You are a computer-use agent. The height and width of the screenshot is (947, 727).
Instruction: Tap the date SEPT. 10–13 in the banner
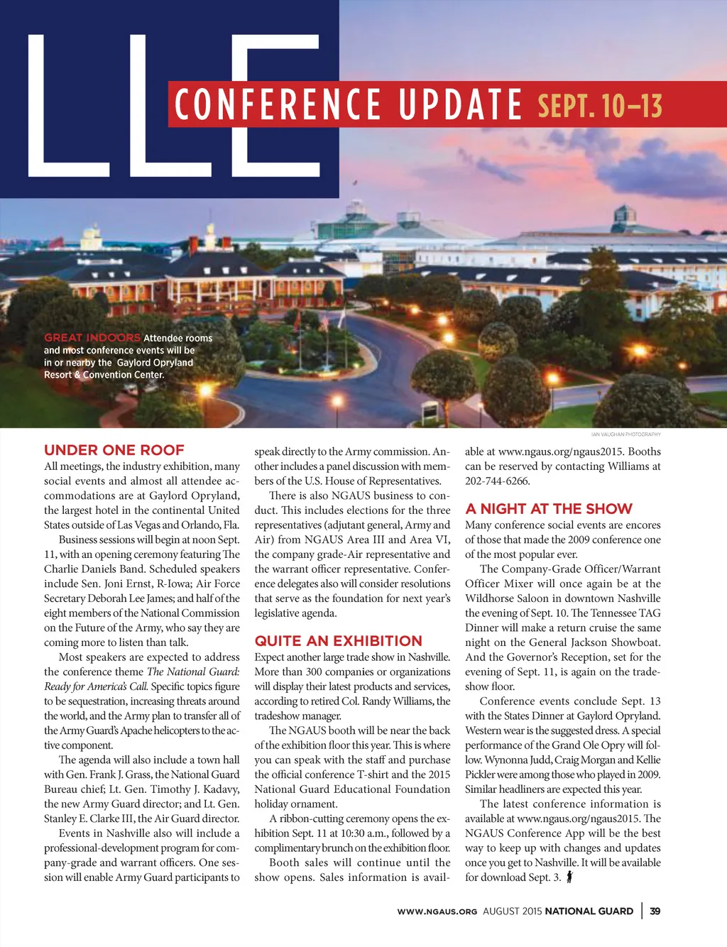pyautogui.click(x=600, y=106)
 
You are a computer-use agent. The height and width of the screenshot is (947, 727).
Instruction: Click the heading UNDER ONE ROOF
pyautogui.click(x=114, y=450)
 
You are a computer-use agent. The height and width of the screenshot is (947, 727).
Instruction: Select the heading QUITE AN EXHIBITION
pyautogui.click(x=338, y=641)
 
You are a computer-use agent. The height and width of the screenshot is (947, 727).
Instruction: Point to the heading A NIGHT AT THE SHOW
pyautogui.click(x=548, y=509)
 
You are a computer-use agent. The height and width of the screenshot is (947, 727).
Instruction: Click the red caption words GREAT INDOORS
pyautogui.click(x=92, y=338)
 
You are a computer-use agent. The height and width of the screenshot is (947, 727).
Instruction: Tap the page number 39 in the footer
pyautogui.click(x=655, y=911)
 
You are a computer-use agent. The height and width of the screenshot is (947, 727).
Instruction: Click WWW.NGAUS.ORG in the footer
pyautogui.click(x=437, y=912)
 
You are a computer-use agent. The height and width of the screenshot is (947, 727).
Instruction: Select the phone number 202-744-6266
pyautogui.click(x=497, y=481)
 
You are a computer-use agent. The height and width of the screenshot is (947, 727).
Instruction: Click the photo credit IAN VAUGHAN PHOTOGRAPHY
pyautogui.click(x=625, y=434)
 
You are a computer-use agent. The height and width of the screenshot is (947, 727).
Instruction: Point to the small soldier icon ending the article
pyautogui.click(x=569, y=877)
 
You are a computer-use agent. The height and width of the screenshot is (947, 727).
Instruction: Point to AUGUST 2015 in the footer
pyautogui.click(x=512, y=912)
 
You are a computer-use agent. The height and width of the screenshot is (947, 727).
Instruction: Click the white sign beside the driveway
pyautogui.click(x=430, y=411)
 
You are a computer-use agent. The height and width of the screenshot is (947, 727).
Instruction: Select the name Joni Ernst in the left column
pyautogui.click(x=129, y=584)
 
